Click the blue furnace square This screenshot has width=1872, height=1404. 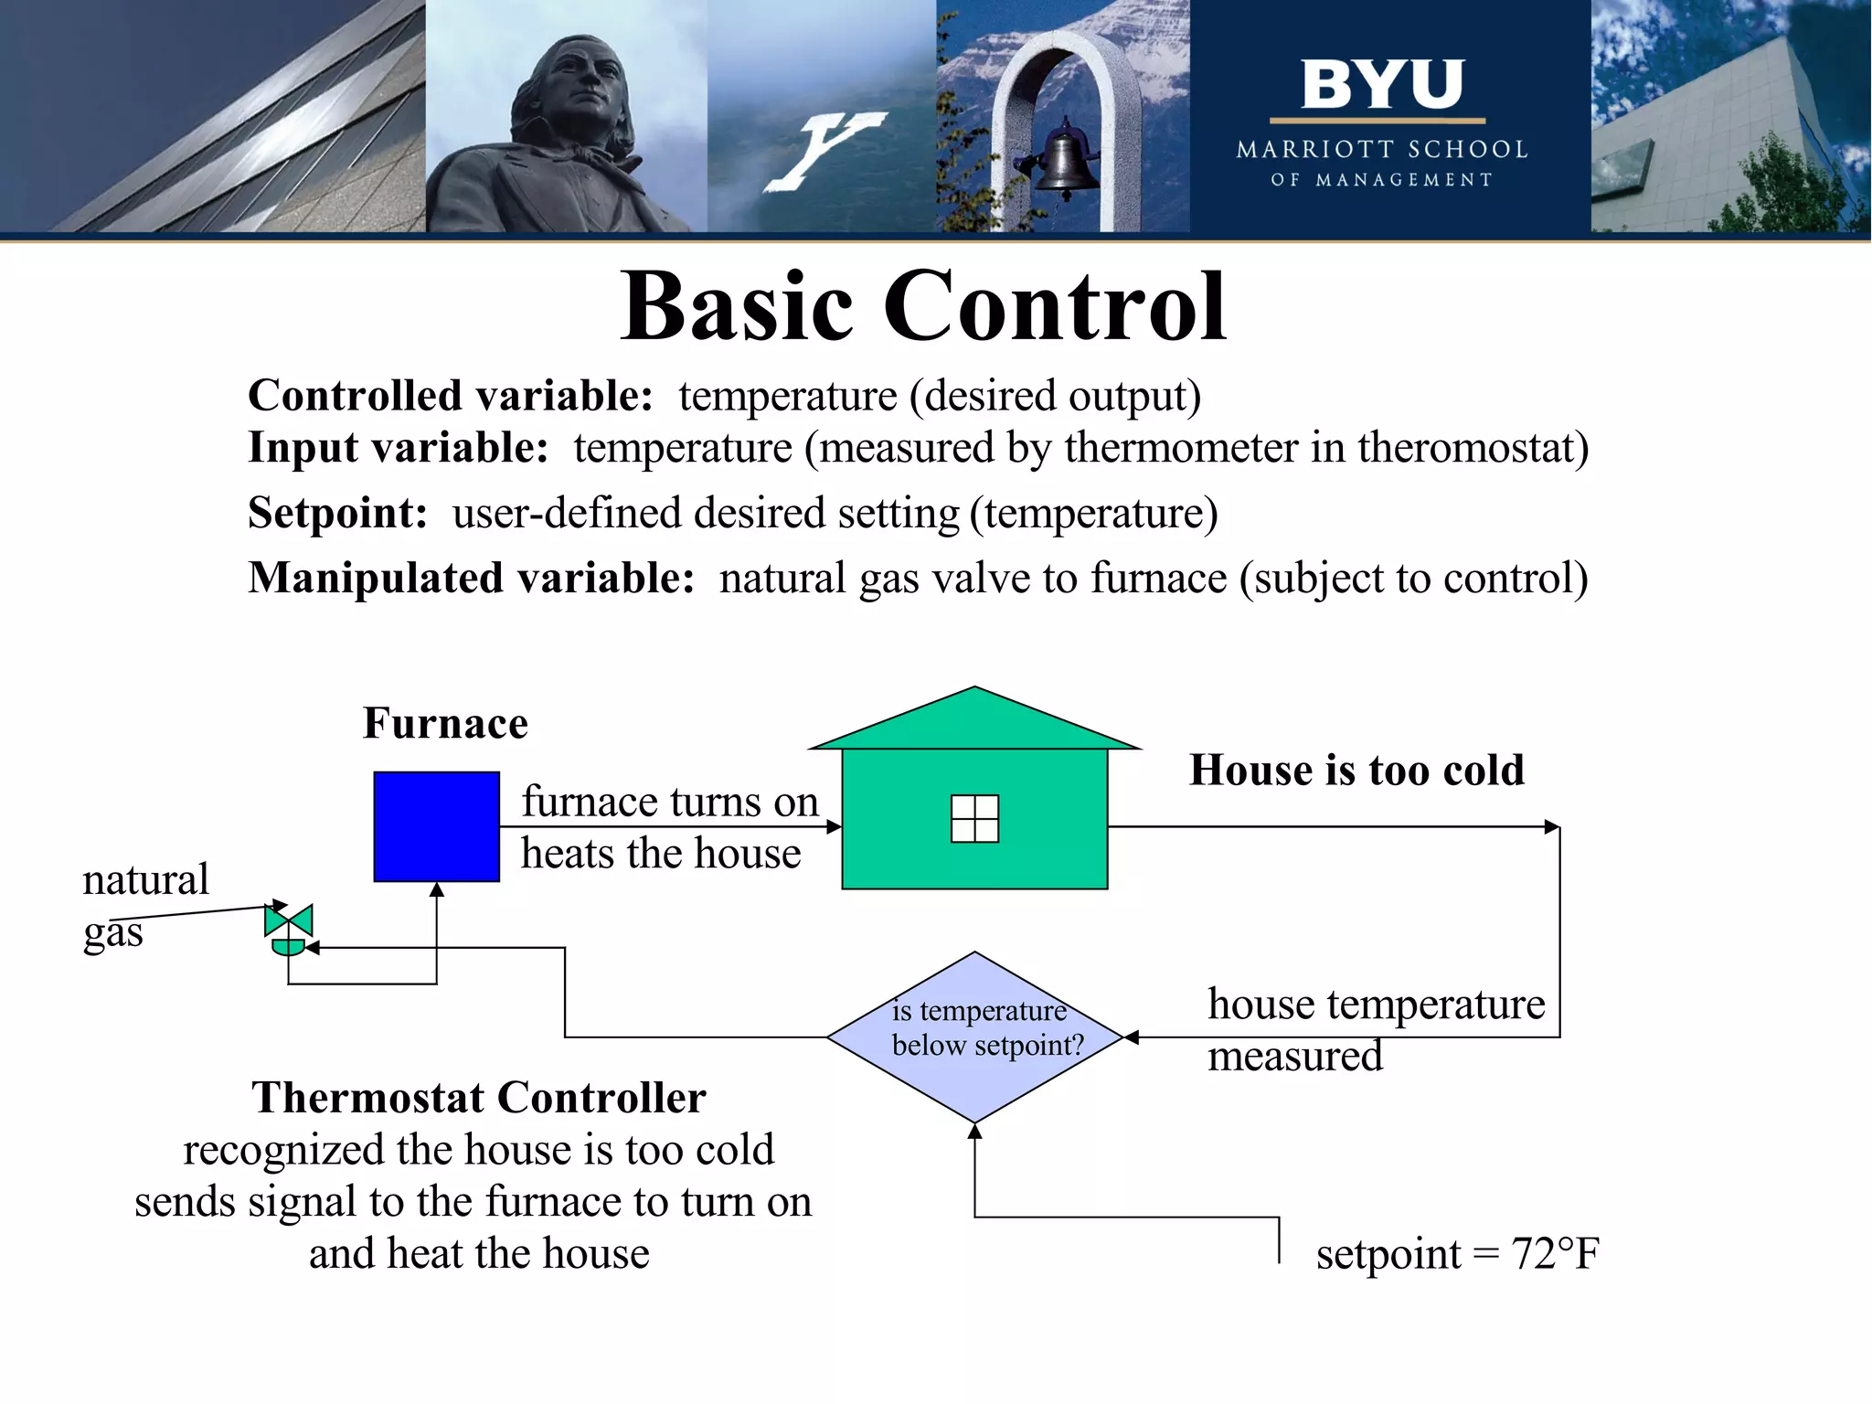(x=436, y=826)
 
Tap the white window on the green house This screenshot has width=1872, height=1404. (x=974, y=818)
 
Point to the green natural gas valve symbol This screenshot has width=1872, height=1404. (x=289, y=928)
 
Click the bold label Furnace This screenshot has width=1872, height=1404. (x=445, y=723)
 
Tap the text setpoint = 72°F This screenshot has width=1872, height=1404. (x=1457, y=1253)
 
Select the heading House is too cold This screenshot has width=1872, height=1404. (x=1356, y=770)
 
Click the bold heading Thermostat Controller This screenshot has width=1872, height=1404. (x=479, y=1097)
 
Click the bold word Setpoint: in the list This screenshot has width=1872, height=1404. (x=337, y=513)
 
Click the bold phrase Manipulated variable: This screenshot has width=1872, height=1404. (x=471, y=579)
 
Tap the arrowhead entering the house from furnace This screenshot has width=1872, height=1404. (x=834, y=826)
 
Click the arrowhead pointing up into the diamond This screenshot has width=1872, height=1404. (x=975, y=1132)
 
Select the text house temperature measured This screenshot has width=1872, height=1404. (x=1375, y=1029)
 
